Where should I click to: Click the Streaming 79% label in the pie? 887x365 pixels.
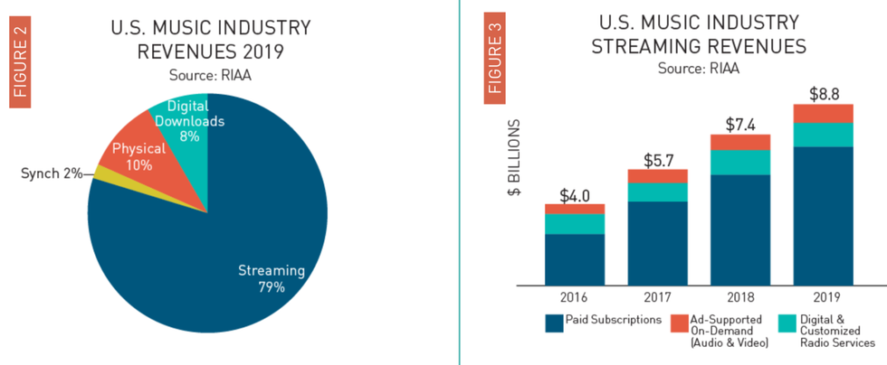click(x=272, y=278)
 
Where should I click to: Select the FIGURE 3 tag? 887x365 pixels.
click(x=495, y=61)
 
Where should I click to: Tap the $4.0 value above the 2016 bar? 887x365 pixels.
click(x=574, y=194)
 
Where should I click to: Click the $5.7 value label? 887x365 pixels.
click(x=657, y=161)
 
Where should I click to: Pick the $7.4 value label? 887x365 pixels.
click(x=740, y=125)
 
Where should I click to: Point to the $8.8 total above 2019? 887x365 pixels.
click(x=823, y=93)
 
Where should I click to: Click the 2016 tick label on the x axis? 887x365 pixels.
click(x=574, y=296)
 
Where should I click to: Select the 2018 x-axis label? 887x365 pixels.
click(x=740, y=296)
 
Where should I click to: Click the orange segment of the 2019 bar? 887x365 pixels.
click(x=823, y=113)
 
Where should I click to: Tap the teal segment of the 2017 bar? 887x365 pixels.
click(x=657, y=192)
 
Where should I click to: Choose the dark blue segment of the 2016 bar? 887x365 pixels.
click(x=574, y=260)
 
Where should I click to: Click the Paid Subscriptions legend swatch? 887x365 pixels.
click(x=554, y=321)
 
